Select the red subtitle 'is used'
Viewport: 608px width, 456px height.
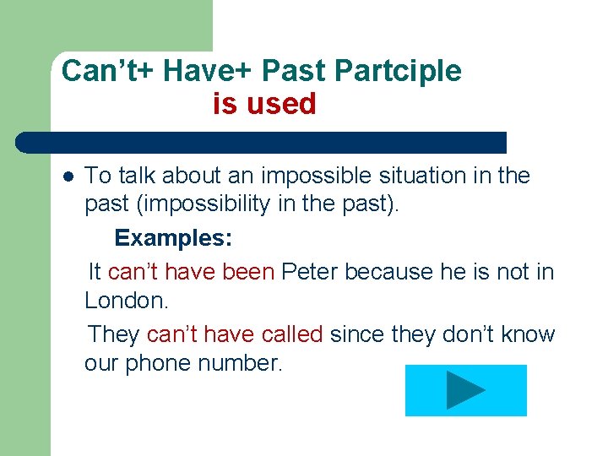coord(264,104)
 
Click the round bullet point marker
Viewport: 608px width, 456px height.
coord(68,176)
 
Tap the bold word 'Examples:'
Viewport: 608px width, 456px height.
coord(173,238)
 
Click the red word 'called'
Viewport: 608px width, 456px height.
coord(292,334)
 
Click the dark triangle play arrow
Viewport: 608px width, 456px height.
coord(465,390)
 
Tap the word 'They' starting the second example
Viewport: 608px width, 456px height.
coord(113,334)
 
